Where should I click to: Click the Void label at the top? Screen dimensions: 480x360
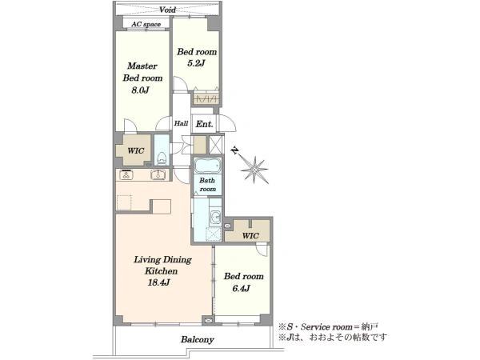[x=167, y=10]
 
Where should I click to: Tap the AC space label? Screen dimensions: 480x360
[x=146, y=24]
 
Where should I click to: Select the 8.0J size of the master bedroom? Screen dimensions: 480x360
[x=140, y=90]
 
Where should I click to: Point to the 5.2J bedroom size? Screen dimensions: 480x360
[x=196, y=63]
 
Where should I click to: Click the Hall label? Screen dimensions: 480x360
[x=181, y=123]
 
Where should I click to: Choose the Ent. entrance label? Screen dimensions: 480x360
[x=204, y=124]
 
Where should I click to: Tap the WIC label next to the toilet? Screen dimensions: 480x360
[x=136, y=150]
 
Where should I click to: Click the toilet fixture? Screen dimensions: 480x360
[x=162, y=158]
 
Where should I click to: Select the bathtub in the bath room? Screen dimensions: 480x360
[x=207, y=166]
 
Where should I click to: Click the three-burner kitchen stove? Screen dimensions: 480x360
[x=126, y=174]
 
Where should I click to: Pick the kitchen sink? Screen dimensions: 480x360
[x=158, y=174]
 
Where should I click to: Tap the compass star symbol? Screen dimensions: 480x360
[x=254, y=170]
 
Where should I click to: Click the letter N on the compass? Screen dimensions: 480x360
[x=234, y=150]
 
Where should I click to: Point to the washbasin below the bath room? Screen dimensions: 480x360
[x=216, y=217]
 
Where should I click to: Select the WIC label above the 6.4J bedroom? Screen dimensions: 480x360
[x=250, y=236]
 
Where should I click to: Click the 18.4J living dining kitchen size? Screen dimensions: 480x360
[x=158, y=282]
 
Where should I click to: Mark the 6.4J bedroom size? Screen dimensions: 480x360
[x=242, y=288]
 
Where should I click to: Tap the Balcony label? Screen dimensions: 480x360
[x=197, y=339]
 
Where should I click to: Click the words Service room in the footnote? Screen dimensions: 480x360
[x=326, y=327]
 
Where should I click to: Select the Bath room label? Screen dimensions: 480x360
[x=207, y=185]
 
